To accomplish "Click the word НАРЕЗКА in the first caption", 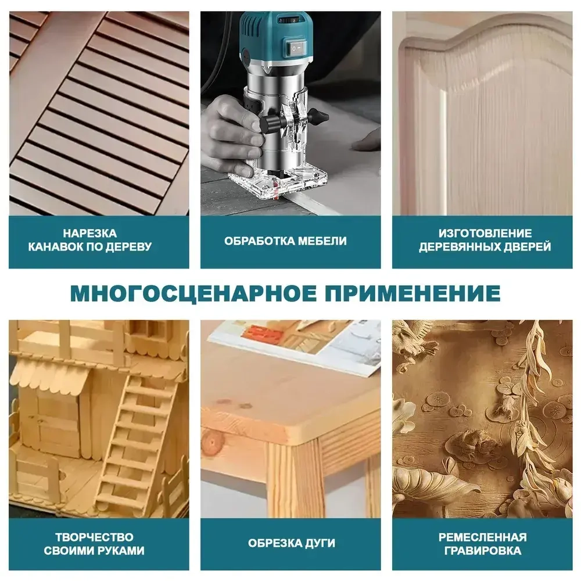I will point(98,234).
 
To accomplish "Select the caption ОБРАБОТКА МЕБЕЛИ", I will point(285,241).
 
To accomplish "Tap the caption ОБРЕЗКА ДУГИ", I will point(291,544).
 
